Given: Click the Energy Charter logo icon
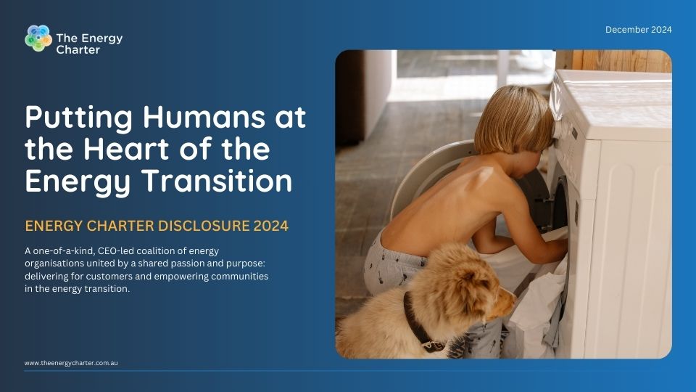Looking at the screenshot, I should [x=38, y=38].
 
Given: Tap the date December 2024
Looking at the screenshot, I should [x=638, y=30].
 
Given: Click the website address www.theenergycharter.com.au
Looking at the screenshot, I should [x=71, y=362].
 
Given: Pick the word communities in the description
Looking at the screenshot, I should [x=238, y=277].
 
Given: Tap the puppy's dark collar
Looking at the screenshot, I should [x=417, y=323].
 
